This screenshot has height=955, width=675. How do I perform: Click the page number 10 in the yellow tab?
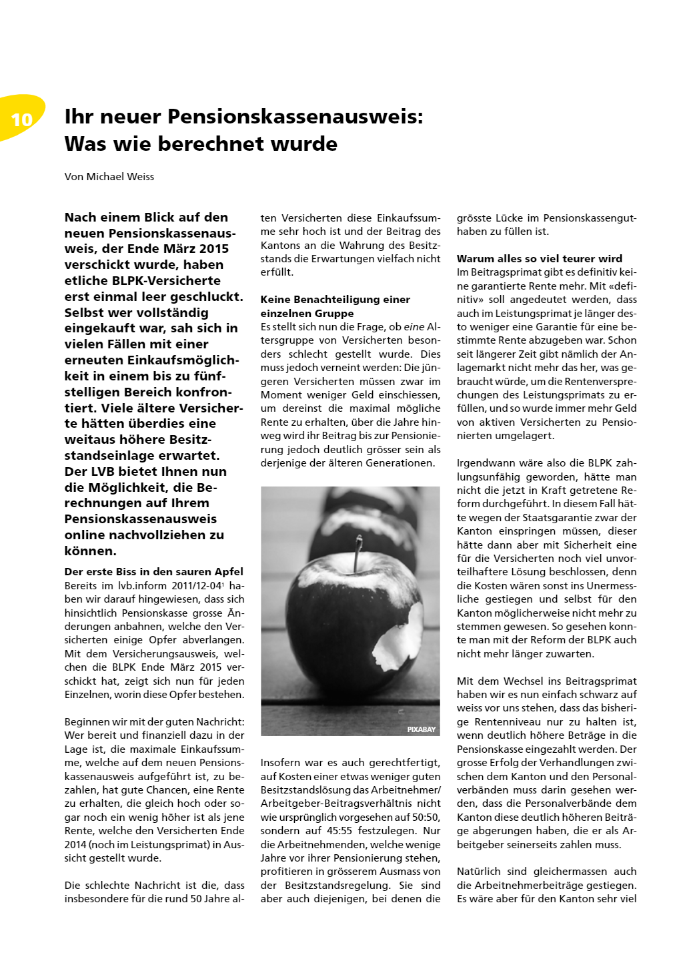click(21, 119)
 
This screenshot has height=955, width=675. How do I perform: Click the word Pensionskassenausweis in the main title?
click(295, 117)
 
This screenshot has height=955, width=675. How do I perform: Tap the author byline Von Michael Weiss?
click(109, 177)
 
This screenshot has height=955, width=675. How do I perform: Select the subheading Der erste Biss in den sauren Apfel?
click(154, 571)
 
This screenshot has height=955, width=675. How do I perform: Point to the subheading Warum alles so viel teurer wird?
click(539, 258)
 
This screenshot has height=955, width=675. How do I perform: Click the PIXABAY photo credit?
click(421, 729)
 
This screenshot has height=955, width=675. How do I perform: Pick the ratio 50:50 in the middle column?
click(426, 817)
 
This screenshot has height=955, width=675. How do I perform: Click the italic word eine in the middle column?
click(414, 327)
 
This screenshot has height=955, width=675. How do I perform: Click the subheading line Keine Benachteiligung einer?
click(335, 300)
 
